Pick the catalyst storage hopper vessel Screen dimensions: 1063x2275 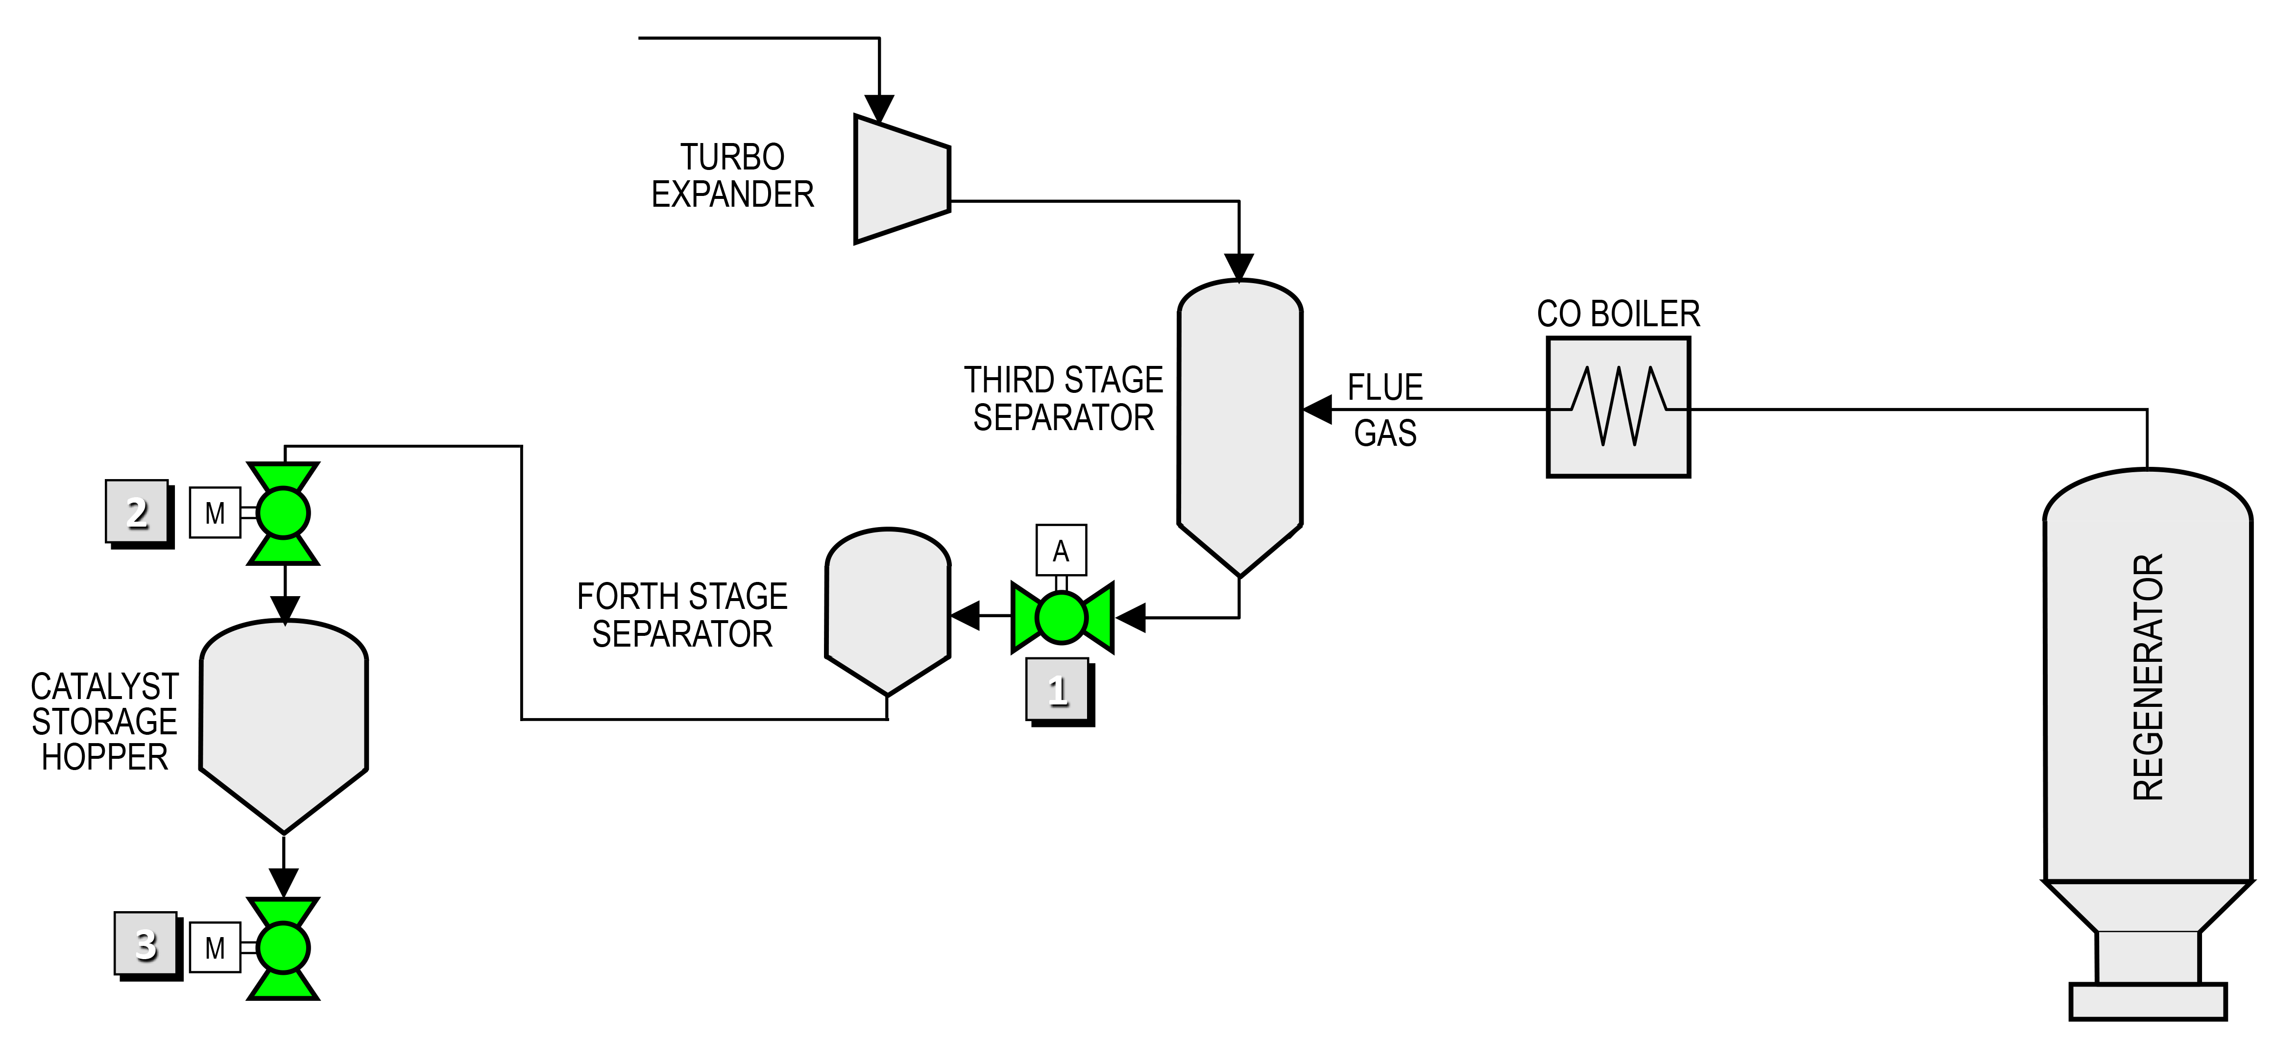[284, 724]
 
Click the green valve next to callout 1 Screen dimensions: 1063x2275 [1062, 617]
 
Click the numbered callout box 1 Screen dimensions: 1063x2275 [1057, 690]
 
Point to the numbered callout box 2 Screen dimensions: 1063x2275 [137, 512]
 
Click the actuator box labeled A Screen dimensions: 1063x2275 [1061, 551]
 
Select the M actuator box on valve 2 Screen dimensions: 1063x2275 [215, 513]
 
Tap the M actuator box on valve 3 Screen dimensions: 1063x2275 [215, 948]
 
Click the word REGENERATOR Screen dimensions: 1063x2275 [2148, 677]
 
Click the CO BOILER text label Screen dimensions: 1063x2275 [1618, 314]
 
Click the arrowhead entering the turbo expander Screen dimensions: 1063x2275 [879, 108]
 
